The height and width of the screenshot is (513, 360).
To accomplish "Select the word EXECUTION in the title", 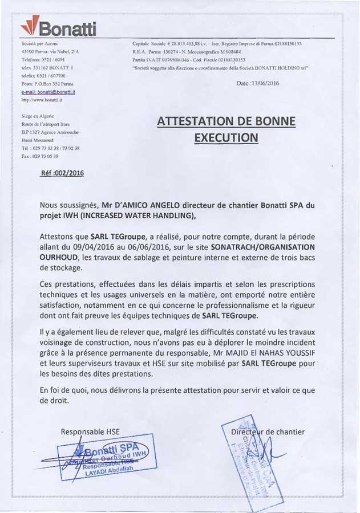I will [x=226, y=137].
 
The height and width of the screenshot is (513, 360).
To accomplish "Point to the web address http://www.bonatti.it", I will [x=41, y=99].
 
